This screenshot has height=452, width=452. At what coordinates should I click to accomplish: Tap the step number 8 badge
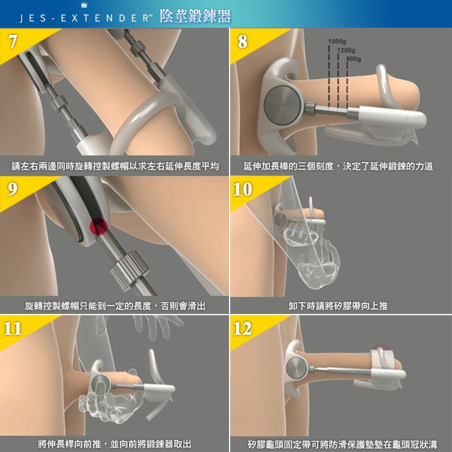[x=243, y=42]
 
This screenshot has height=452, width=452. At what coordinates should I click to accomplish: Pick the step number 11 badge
[x=13, y=328]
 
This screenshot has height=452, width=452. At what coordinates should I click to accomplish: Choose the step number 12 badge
[x=243, y=328]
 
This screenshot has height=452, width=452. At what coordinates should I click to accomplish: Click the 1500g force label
[x=336, y=41]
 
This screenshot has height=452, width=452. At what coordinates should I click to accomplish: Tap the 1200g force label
[x=346, y=50]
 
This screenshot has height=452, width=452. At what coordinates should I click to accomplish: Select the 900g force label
[x=354, y=59]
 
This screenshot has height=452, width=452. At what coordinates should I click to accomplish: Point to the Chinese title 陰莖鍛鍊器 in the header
[x=195, y=17]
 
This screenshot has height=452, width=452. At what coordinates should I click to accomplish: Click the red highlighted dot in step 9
[x=98, y=227]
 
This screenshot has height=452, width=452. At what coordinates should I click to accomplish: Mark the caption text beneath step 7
[x=115, y=166]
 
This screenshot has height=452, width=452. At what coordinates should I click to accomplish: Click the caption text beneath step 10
[x=338, y=306]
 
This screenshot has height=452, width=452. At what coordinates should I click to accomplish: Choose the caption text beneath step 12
[x=342, y=444]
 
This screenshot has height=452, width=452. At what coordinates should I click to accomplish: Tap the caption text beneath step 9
[x=115, y=306]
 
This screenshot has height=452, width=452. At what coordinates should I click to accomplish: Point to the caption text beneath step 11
[x=115, y=444]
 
